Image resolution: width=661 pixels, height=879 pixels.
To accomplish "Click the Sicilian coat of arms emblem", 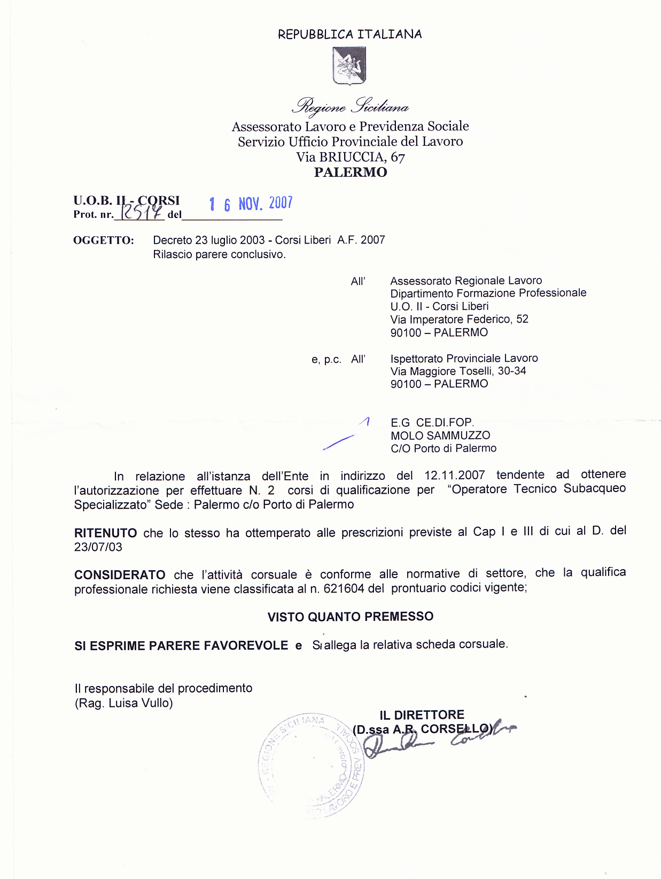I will pyautogui.click(x=349, y=66).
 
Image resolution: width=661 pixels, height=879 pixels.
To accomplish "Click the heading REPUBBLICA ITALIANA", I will pyautogui.click(x=349, y=34).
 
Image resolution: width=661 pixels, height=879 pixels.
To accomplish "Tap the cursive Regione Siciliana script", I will pyautogui.click(x=350, y=106).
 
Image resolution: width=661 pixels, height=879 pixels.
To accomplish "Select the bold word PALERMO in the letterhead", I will pyautogui.click(x=351, y=173).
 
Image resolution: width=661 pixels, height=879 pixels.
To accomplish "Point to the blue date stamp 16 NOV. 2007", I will pyautogui.click(x=251, y=204).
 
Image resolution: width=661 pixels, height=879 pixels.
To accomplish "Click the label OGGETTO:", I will pyautogui.click(x=104, y=240).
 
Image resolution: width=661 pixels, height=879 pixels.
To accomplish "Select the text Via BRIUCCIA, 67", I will pyautogui.click(x=351, y=157).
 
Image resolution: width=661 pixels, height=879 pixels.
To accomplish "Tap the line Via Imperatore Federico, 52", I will pyautogui.click(x=459, y=320).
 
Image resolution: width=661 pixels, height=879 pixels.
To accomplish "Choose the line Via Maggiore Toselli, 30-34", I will pyautogui.click(x=458, y=371).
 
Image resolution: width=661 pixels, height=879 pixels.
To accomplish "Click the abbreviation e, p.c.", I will pyautogui.click(x=326, y=360).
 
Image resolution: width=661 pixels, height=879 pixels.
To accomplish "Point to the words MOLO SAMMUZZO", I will pyautogui.click(x=440, y=435).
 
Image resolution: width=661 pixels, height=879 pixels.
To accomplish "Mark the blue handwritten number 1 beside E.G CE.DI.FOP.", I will pyautogui.click(x=367, y=422).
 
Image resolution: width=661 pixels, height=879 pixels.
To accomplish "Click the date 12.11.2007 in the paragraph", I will pyautogui.click(x=455, y=475).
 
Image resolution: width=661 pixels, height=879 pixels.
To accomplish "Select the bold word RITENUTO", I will pyautogui.click(x=105, y=533).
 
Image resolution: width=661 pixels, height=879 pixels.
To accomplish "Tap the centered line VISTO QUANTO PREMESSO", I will pyautogui.click(x=351, y=617).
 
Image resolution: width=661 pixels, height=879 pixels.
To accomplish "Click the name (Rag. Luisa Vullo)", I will pyautogui.click(x=124, y=703).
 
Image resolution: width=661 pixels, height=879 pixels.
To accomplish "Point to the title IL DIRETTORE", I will pyautogui.click(x=422, y=715).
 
